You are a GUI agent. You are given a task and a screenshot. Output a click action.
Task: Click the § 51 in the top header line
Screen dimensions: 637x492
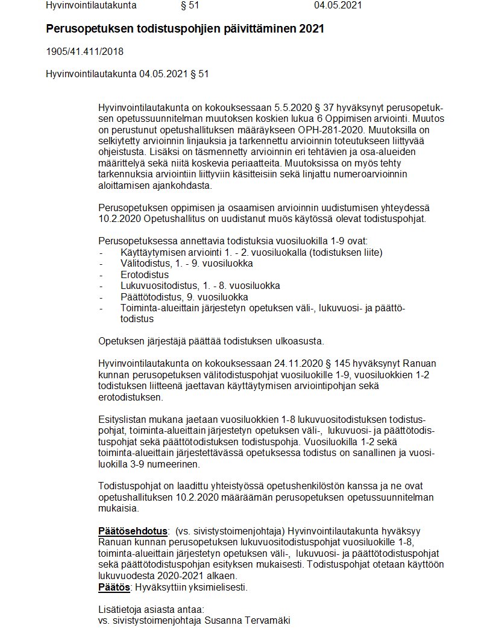pyautogui.click(x=190, y=5)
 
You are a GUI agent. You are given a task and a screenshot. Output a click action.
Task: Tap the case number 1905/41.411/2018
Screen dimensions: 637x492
pyautogui.click(x=84, y=52)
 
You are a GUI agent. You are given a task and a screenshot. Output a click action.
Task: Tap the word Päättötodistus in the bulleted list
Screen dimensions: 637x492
pyautogui.click(x=151, y=297)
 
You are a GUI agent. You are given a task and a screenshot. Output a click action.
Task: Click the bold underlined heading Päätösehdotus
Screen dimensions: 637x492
pyautogui.click(x=133, y=531)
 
